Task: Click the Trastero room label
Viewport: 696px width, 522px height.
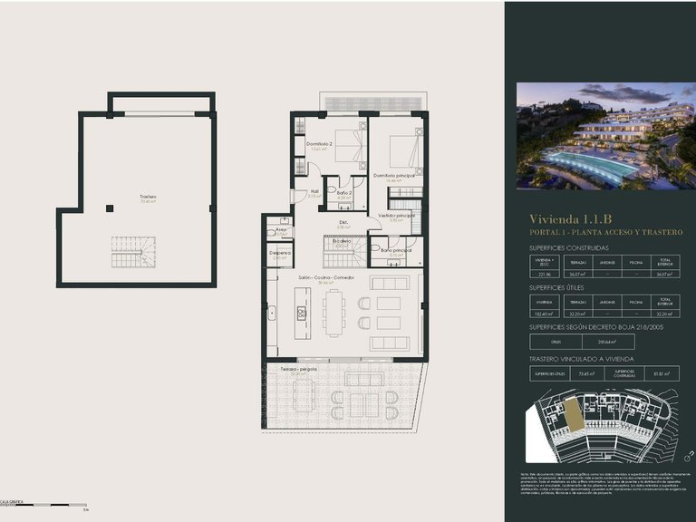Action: [x=148, y=197]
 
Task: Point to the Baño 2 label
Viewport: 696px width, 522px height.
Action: [x=343, y=193]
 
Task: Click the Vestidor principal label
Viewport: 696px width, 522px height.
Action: [x=397, y=216]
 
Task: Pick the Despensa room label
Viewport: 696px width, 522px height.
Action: [x=280, y=253]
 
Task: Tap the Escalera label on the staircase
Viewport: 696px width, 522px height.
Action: [x=341, y=241]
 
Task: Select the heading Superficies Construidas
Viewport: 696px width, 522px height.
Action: [x=569, y=246]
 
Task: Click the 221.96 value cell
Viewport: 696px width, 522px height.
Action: [x=544, y=274]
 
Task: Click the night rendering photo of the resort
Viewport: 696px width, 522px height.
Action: [x=605, y=136]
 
